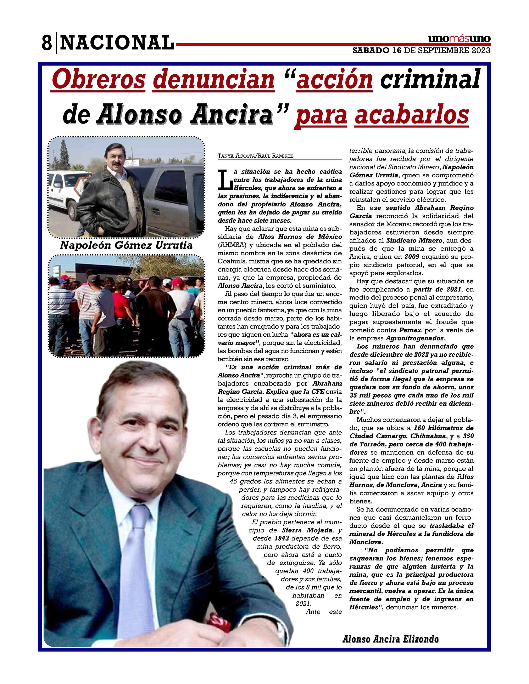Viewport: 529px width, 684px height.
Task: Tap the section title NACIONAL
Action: [x=116, y=42]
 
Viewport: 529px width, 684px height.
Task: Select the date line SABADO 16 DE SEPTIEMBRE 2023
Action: [x=422, y=50]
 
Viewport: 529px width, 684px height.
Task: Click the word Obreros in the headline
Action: [x=98, y=80]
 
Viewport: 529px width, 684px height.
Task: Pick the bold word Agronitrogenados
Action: [x=415, y=338]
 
